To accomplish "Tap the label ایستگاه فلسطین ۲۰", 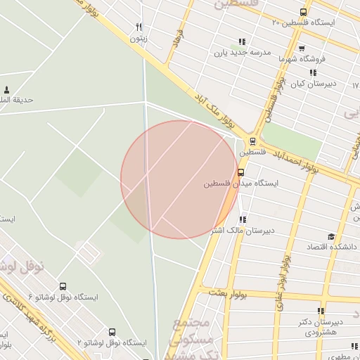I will [304, 22].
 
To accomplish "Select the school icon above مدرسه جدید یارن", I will [243, 42].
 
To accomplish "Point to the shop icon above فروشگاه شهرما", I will [302, 49].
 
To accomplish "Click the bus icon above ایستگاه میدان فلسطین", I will [241, 172].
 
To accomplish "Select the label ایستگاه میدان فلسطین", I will [241, 184].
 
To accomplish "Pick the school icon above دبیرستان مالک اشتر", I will [243, 219].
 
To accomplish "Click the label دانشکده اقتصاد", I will [331, 247].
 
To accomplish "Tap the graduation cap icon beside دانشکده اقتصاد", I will [331, 237].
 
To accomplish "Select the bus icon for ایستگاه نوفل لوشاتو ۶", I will [63, 286].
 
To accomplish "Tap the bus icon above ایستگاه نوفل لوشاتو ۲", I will [112, 332].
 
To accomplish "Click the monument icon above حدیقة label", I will [7, 89].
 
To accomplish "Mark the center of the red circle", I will [180, 179].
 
